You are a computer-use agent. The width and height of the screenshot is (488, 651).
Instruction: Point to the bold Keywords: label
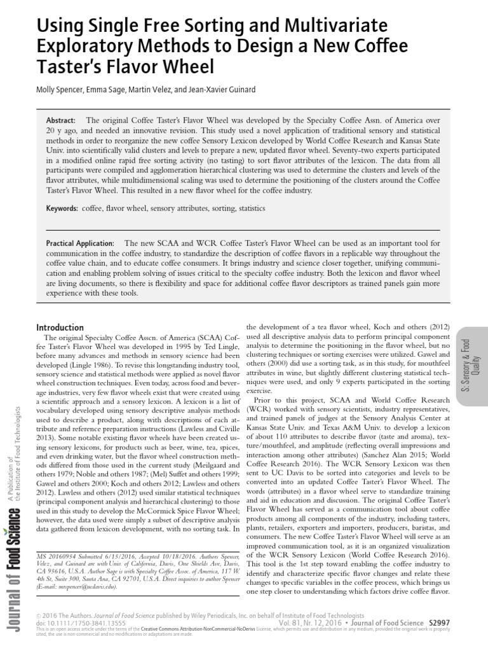point(62,209)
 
